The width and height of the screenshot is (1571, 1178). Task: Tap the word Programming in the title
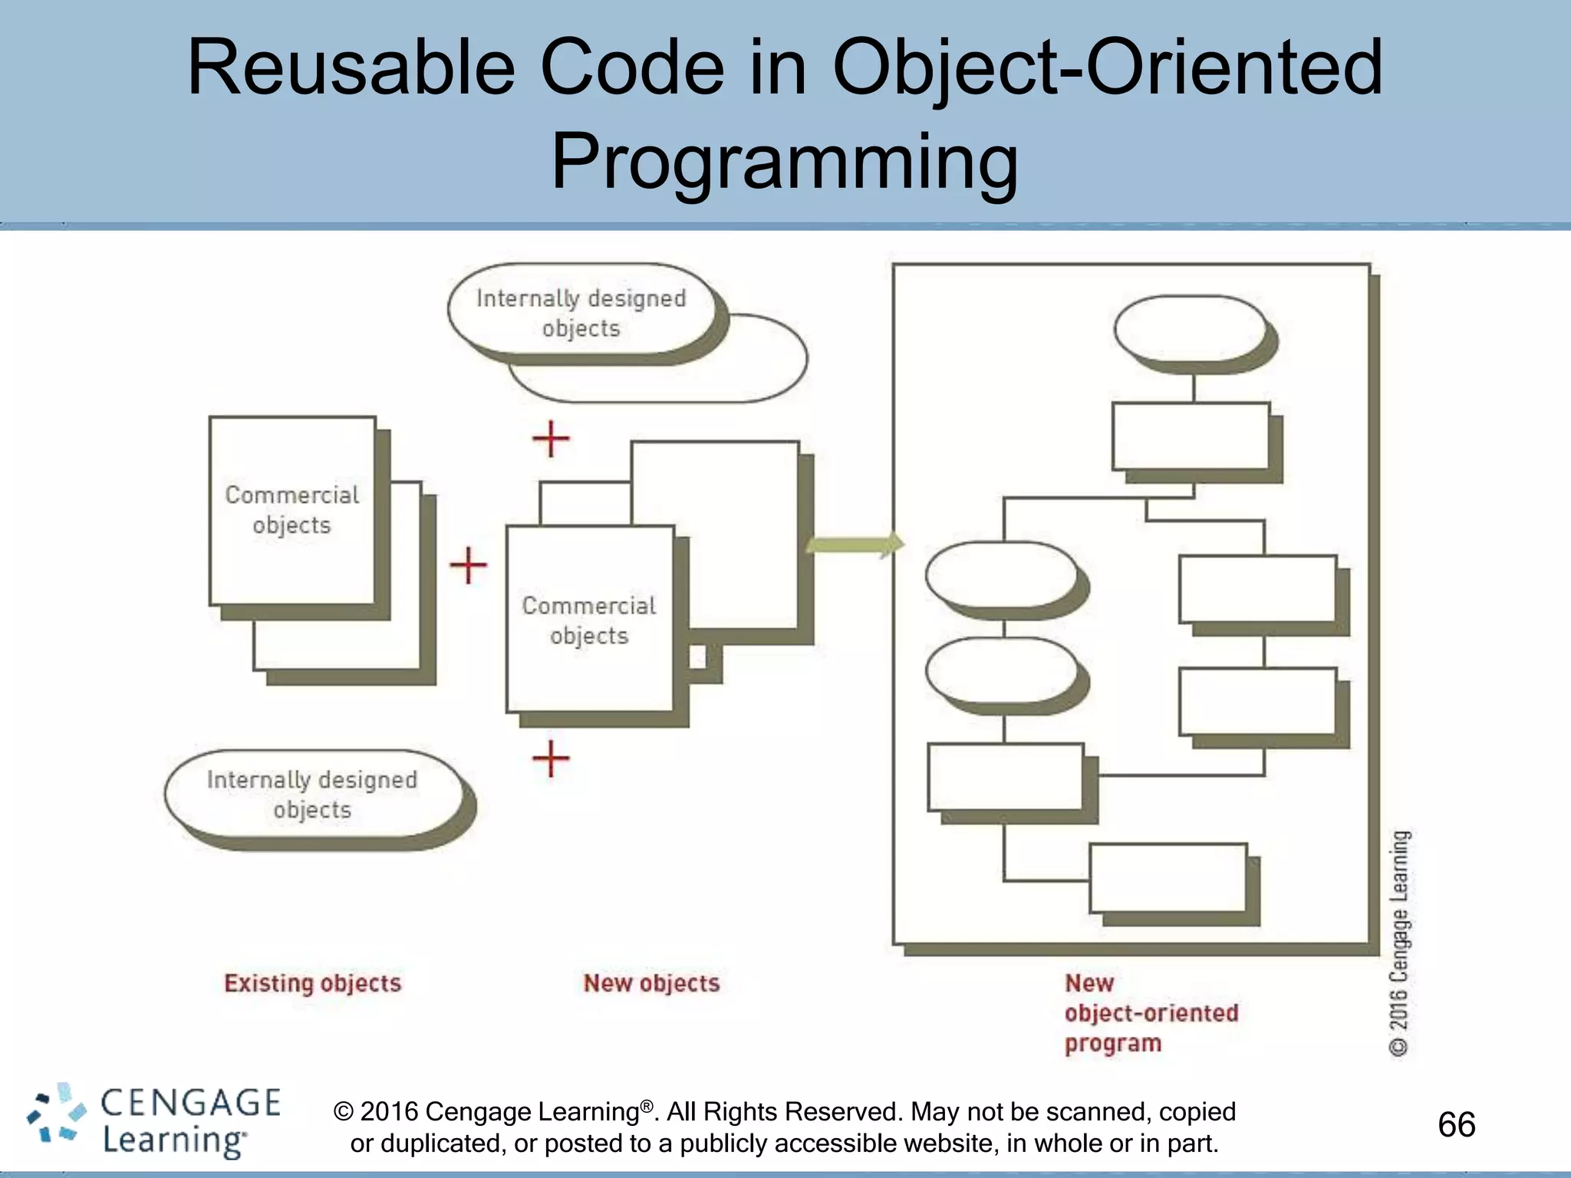tap(785, 162)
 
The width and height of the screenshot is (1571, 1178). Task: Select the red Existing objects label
tap(312, 983)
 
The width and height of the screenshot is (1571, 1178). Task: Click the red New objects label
tap(651, 983)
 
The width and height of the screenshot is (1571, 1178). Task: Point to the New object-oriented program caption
tap(1150, 1013)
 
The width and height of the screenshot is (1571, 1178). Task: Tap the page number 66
tap(1456, 1125)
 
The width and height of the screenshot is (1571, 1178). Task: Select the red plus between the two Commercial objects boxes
tap(468, 566)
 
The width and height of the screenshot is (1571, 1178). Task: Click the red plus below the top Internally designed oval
tap(551, 439)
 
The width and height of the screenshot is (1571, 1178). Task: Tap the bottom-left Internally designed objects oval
tap(312, 795)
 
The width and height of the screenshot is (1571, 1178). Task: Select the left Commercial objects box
tap(292, 510)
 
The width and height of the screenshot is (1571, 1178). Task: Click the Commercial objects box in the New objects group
tap(589, 620)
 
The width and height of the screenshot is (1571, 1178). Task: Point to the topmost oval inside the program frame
tap(1190, 328)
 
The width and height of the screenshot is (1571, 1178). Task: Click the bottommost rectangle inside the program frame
tap(1168, 877)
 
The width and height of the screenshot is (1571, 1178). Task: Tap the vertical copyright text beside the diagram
tap(1399, 943)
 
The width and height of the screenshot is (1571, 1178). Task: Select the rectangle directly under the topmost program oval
tap(1191, 436)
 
